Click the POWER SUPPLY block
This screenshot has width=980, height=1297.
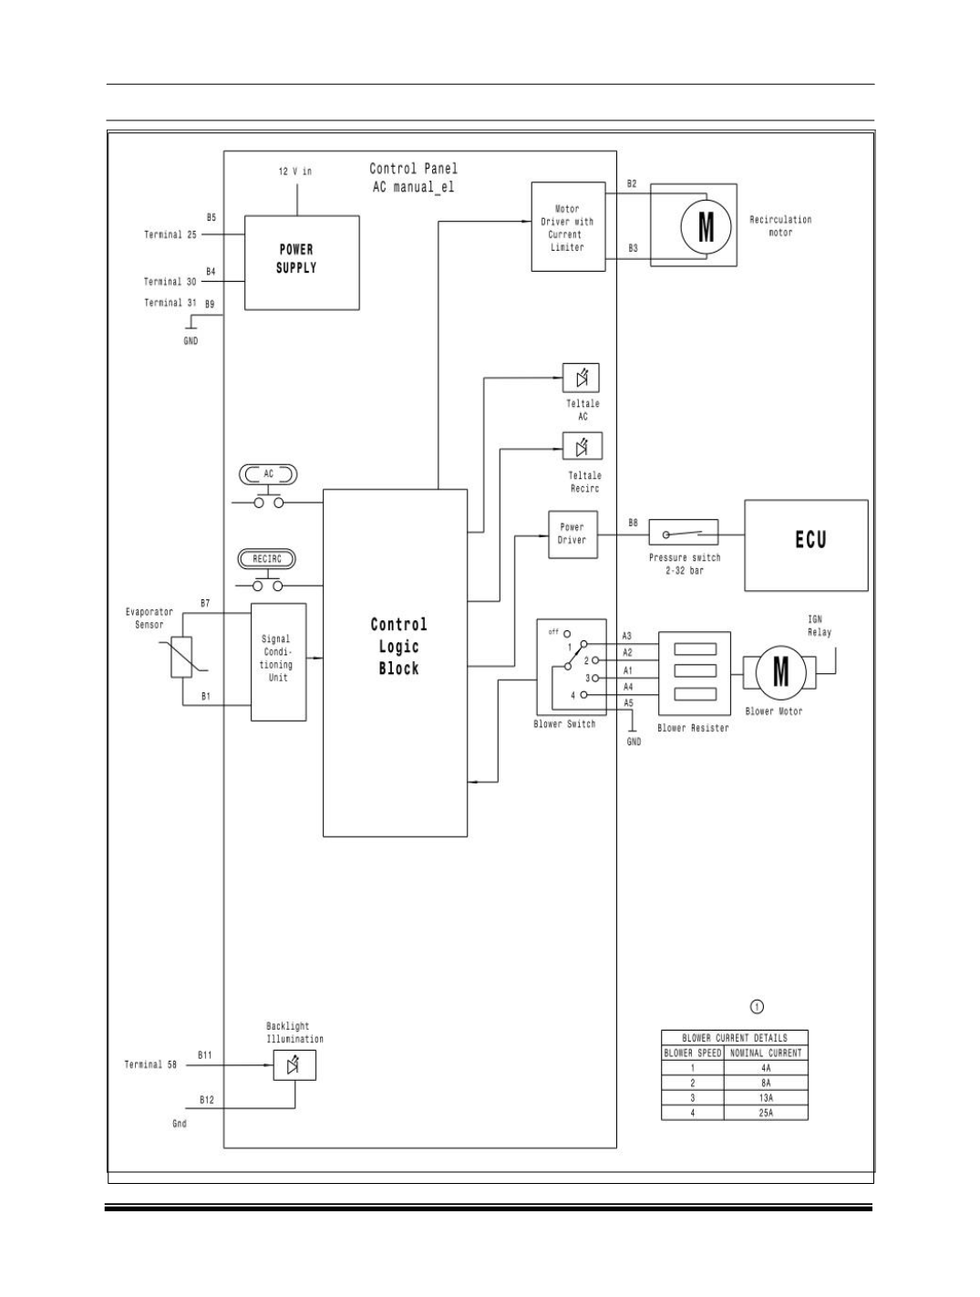(302, 263)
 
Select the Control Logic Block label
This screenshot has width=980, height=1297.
(398, 647)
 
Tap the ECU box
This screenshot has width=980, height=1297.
(806, 545)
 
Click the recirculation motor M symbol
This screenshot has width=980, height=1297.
(706, 226)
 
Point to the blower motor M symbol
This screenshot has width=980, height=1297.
(780, 671)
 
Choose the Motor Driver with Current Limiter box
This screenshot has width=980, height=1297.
(568, 227)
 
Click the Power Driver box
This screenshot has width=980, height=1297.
(573, 534)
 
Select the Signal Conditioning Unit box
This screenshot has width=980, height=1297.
(279, 662)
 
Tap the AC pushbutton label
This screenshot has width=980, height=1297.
(268, 474)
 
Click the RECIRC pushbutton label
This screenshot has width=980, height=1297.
(267, 558)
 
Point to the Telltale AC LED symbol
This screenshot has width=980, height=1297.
(581, 378)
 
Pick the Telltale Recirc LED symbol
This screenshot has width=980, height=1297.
(583, 446)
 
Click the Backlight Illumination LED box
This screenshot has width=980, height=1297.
(294, 1065)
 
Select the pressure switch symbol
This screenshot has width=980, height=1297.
(683, 533)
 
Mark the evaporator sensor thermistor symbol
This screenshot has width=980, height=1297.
(181, 657)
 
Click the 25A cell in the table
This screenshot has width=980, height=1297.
(766, 1113)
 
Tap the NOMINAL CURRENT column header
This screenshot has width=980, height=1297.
(766, 1053)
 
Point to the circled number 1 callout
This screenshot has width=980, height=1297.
(757, 1006)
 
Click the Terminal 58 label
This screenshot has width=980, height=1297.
(150, 1064)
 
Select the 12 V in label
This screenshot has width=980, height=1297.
(295, 171)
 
